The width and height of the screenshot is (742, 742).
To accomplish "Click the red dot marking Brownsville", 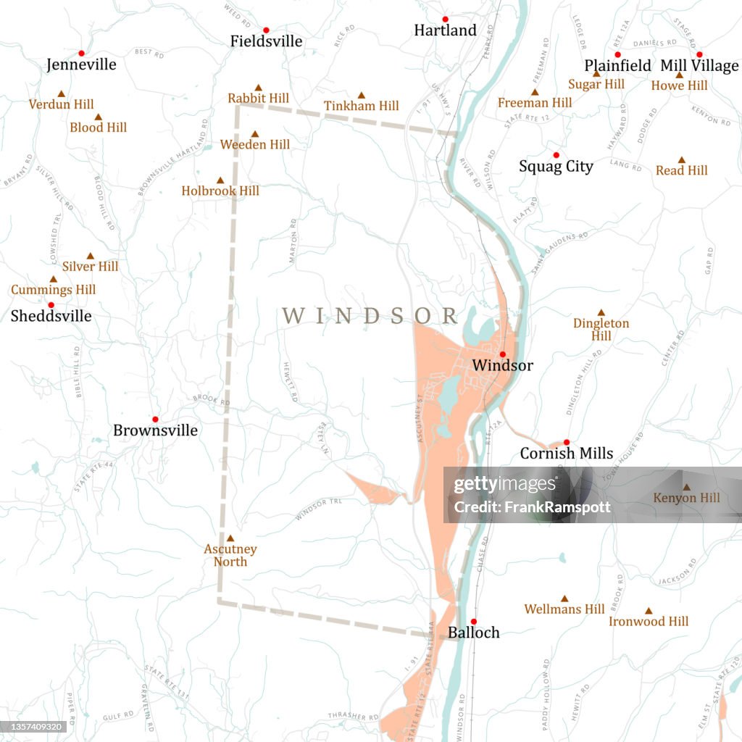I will [x=155, y=419].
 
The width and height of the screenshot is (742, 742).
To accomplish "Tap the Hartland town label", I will [x=445, y=30].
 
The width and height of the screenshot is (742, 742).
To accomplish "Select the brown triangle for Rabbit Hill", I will [x=258, y=87].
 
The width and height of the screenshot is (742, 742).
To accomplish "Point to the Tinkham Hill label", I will [x=361, y=106].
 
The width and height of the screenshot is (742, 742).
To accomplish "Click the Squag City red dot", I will [x=556, y=155].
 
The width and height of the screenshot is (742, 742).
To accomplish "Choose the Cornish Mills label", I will [x=566, y=454].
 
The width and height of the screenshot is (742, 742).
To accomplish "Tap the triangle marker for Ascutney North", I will [x=230, y=538].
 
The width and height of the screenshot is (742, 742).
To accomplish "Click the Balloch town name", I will [x=473, y=633].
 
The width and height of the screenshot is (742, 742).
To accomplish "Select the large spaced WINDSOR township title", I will [x=370, y=316].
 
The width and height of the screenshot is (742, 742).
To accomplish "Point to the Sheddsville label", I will [x=51, y=316].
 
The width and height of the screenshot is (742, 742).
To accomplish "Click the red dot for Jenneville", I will [x=81, y=53].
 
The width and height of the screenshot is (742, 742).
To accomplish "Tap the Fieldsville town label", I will [x=266, y=41].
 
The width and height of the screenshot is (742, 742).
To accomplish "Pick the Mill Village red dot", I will [x=699, y=54].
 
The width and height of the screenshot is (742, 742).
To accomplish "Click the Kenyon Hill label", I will [x=686, y=498].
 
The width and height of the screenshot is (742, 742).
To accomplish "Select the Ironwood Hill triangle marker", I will [x=649, y=611].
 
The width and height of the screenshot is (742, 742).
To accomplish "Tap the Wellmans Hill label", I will [x=564, y=609].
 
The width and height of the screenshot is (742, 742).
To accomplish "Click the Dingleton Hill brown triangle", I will [x=601, y=312].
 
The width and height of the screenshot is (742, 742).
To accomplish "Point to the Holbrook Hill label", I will [x=220, y=191].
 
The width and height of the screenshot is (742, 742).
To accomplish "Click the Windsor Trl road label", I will [x=317, y=509].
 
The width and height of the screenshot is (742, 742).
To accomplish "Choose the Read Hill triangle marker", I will [x=682, y=160].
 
